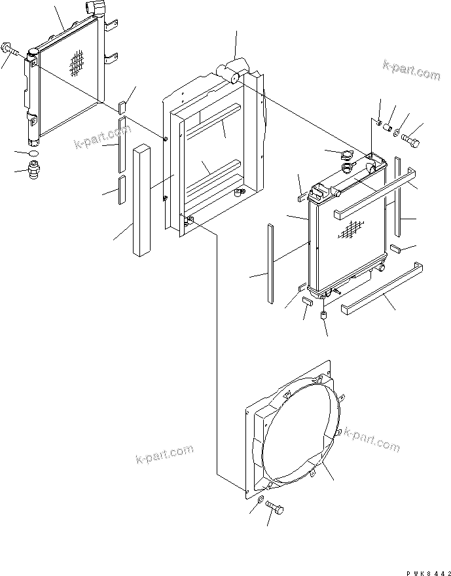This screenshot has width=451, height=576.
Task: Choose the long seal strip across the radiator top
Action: click(x=374, y=194)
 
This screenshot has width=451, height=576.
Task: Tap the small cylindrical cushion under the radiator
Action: click(x=323, y=317)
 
